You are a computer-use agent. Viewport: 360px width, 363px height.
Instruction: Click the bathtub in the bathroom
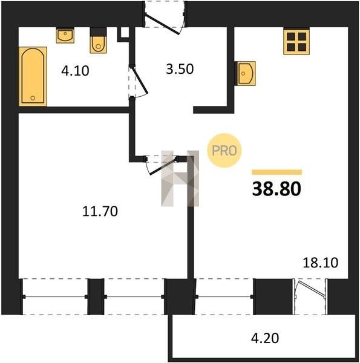(x=33, y=76)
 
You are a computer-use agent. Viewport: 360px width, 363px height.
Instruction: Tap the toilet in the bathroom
(x=98, y=41)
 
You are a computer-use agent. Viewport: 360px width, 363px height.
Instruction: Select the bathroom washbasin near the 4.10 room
(x=65, y=36)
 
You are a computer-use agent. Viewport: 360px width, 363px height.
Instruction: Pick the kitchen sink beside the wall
(x=245, y=73)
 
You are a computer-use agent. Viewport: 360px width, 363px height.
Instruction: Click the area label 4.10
(x=75, y=71)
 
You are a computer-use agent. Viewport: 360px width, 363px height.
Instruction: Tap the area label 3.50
(x=180, y=69)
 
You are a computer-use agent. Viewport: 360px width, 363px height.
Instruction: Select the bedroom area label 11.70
(x=100, y=211)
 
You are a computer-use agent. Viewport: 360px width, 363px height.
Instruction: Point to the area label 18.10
(x=321, y=263)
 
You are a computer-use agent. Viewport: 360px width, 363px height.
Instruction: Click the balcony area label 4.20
(x=265, y=338)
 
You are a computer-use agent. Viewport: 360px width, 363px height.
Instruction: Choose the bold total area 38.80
(x=277, y=189)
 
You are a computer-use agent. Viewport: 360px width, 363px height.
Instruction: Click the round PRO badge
(x=224, y=151)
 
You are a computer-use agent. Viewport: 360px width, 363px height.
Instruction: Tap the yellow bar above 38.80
(x=277, y=172)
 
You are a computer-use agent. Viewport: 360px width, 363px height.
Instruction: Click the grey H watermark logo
(x=180, y=178)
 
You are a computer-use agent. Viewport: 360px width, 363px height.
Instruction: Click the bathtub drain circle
(x=33, y=98)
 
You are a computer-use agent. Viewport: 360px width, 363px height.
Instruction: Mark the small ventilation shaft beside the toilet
(x=125, y=33)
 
